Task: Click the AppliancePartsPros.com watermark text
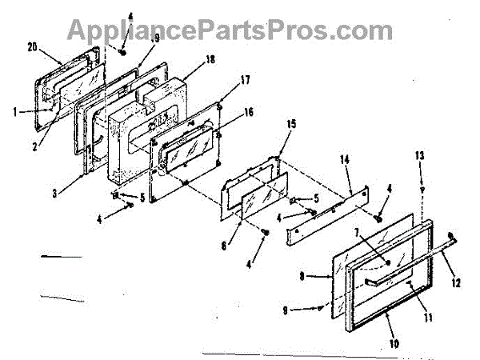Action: point(228,30)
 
